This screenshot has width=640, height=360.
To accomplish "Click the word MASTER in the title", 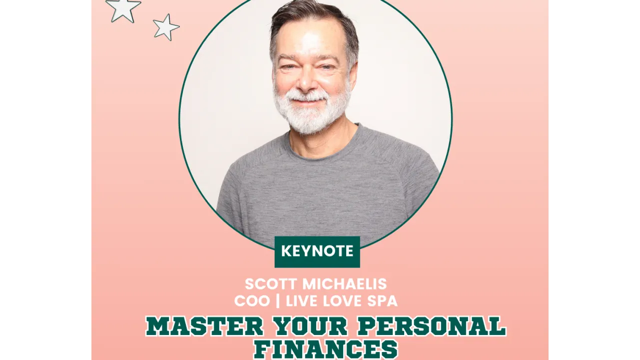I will (205, 327).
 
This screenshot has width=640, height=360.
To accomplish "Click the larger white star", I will (123, 8).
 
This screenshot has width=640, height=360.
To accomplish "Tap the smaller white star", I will (166, 27).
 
